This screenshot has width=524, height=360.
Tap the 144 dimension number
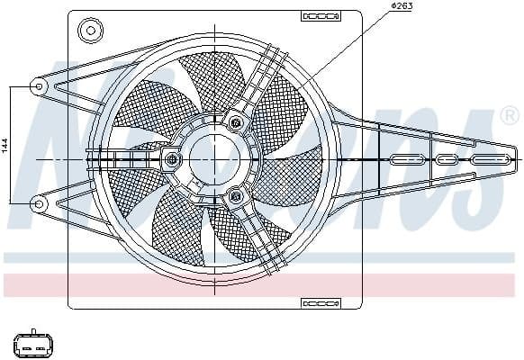pyautogui.click(x=5, y=145)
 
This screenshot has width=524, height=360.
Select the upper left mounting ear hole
pyautogui.click(x=39, y=85)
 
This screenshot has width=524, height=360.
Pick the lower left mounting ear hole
pyautogui.click(x=39, y=204)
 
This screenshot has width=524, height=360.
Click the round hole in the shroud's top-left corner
pyautogui.click(x=88, y=31)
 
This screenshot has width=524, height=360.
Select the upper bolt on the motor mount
pyautogui.click(x=236, y=121)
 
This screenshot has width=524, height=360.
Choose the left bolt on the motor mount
pyautogui.click(x=173, y=160)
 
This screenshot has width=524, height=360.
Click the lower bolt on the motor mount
pyautogui.click(x=236, y=195)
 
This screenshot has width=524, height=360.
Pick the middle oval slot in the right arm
pyautogui.click(x=447, y=159)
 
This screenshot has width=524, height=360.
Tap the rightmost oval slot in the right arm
pyautogui.click(x=490, y=159)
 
